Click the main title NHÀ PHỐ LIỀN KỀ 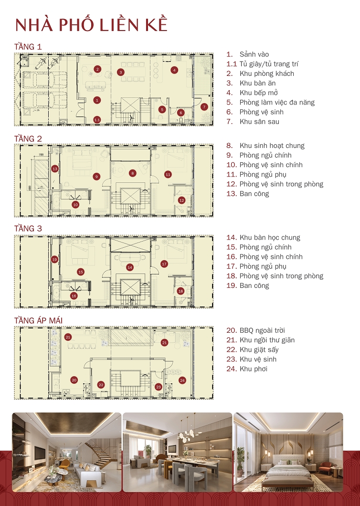coord(91,25)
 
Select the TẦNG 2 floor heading coord(28,138)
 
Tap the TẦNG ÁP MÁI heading coord(38,320)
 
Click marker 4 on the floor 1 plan coord(174,70)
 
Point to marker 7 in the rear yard coord(204,106)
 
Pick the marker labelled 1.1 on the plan coord(97,120)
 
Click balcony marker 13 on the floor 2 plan coord(55,169)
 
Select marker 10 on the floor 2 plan coord(75,204)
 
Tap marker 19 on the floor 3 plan coord(54,259)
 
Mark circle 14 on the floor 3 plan coord(129,267)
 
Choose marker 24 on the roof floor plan coord(182,380)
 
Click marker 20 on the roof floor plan coord(74,380)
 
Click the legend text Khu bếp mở coord(258,93)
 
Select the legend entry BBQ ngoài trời coord(262,330)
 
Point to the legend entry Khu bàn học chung coord(270,237)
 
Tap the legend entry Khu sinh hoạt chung coord(272,146)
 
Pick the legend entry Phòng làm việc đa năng coord(277,102)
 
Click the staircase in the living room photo coord(103,453)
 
